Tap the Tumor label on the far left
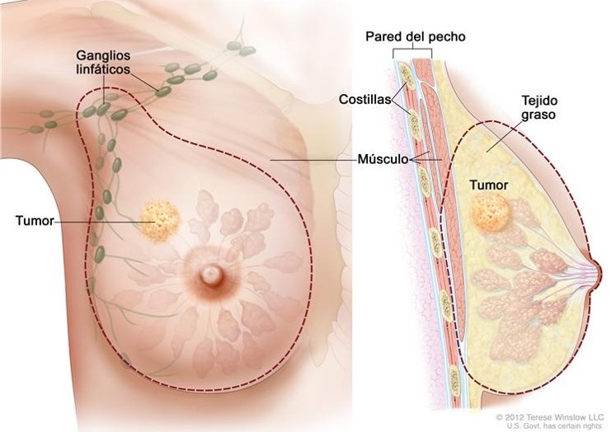tap(34, 221)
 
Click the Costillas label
tap(363, 100)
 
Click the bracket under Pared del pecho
tap(412, 49)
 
